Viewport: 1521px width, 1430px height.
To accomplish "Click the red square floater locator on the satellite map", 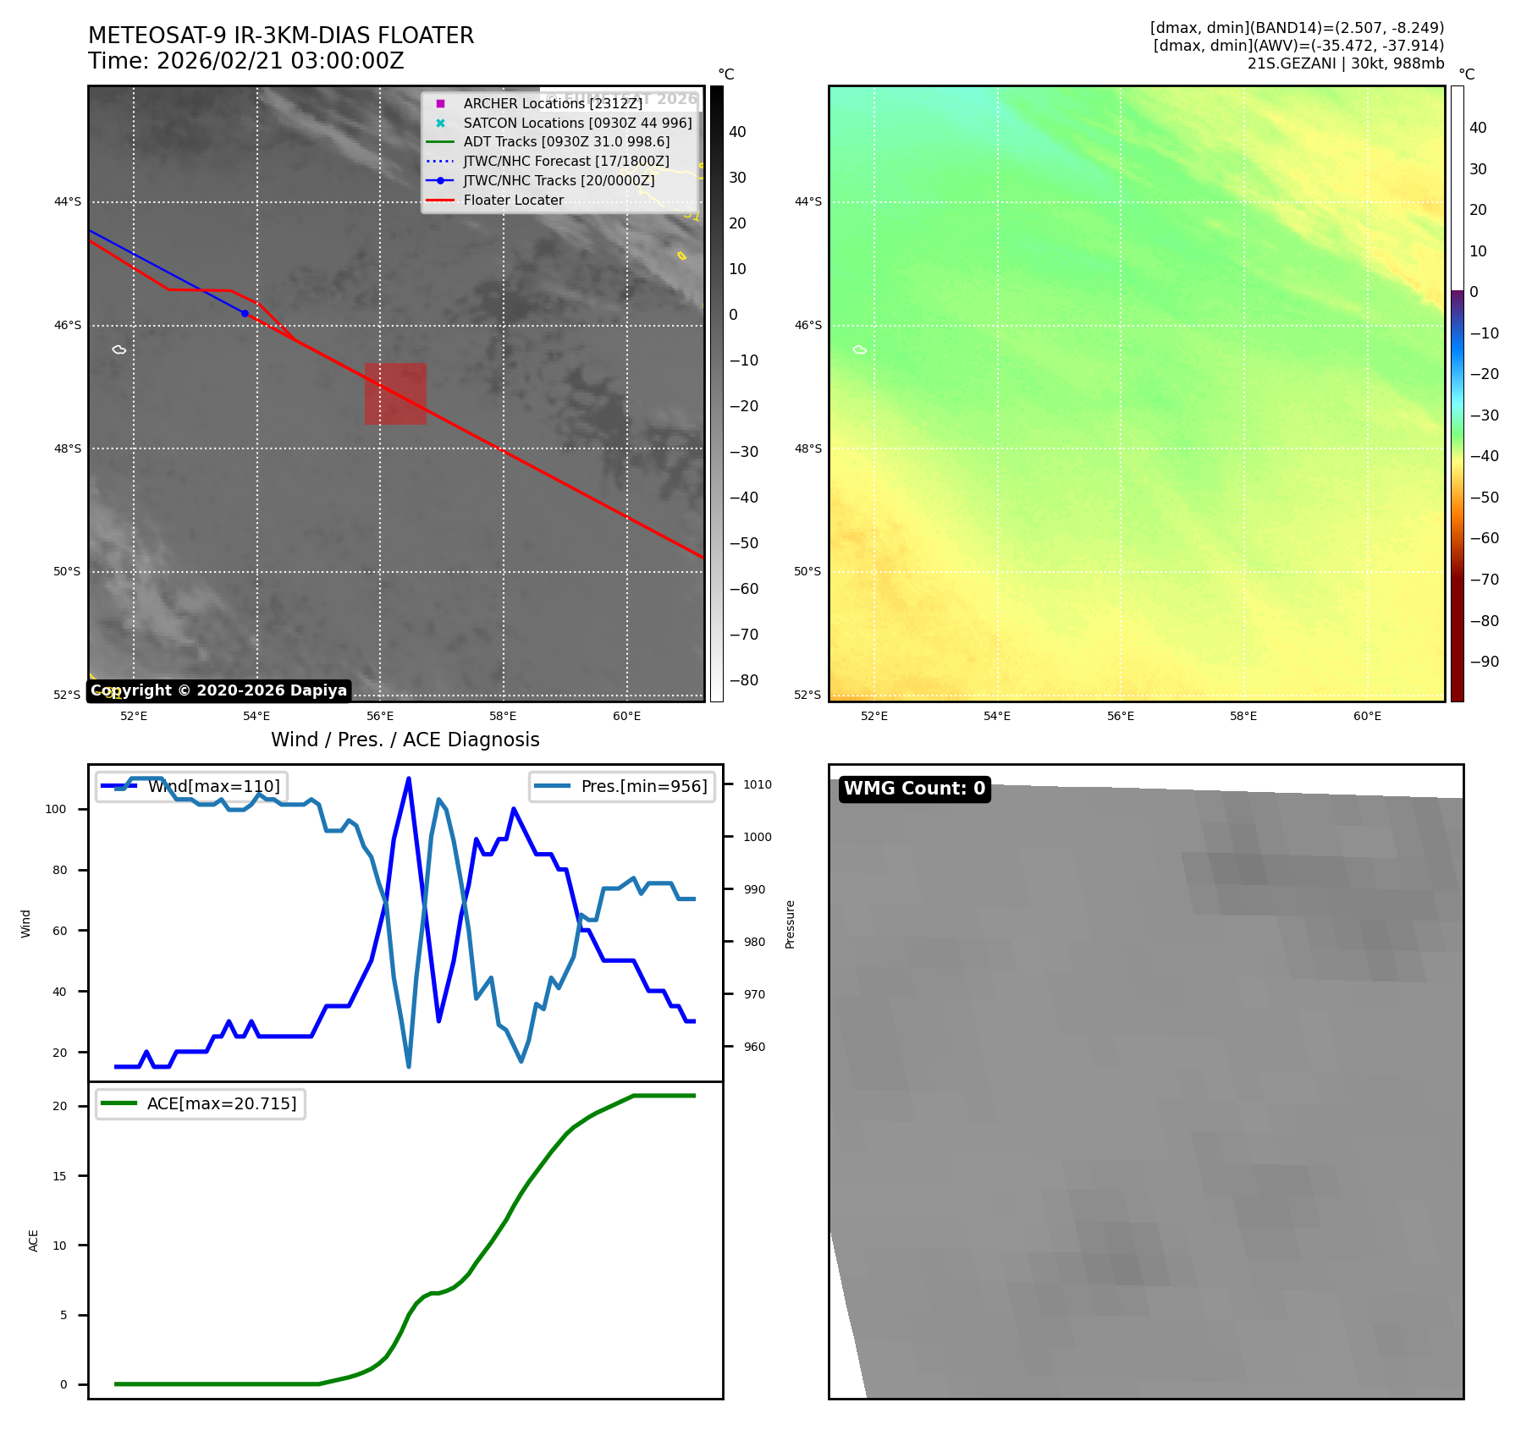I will (395, 393).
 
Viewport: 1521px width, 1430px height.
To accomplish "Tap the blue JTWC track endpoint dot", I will (245, 313).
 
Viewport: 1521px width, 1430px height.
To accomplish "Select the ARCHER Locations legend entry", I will (553, 103).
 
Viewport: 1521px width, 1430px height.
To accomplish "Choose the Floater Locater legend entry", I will (513, 201).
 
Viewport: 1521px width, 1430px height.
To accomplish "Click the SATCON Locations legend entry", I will (577, 123).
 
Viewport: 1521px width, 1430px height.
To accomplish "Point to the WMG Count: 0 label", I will (914, 789).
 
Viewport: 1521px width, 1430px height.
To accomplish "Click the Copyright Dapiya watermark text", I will (218, 690).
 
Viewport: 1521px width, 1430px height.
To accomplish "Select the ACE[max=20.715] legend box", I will (201, 1103).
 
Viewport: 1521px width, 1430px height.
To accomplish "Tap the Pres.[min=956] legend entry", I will (622, 786).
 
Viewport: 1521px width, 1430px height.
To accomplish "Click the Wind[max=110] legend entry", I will (191, 786).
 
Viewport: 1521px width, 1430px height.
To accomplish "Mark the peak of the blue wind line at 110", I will (409, 778).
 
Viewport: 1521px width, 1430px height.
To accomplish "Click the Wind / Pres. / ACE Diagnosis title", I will (405, 740).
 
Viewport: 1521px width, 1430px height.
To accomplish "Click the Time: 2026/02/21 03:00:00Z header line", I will (246, 61).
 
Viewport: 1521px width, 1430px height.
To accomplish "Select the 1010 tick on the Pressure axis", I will (758, 784).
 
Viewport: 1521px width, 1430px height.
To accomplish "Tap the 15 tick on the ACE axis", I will (59, 1175).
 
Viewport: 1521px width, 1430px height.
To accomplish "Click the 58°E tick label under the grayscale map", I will (503, 716).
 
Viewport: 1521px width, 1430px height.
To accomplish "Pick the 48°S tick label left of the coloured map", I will (807, 448).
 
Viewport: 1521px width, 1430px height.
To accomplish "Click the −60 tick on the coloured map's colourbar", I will (1484, 538).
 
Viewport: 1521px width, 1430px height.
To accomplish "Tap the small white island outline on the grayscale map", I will (119, 349).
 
